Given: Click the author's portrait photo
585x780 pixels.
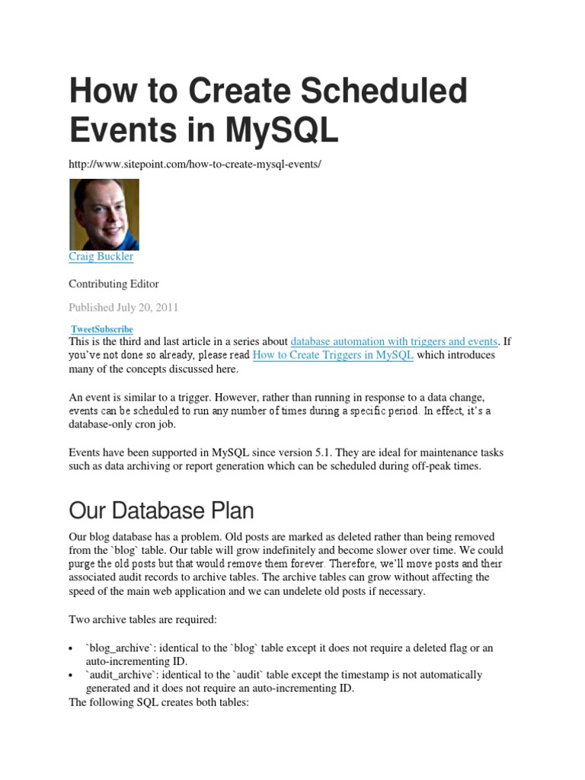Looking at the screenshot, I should click(104, 214).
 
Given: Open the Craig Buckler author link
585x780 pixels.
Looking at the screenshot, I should click(101, 257).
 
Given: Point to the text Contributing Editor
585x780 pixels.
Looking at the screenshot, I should click(113, 284).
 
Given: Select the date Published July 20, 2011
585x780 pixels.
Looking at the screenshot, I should click(123, 308).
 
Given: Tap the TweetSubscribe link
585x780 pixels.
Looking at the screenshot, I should click(101, 329).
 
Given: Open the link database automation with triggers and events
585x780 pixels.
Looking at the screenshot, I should click(394, 341).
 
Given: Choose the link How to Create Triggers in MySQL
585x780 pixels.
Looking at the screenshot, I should click(333, 355).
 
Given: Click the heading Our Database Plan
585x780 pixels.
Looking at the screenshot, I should click(161, 510).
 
